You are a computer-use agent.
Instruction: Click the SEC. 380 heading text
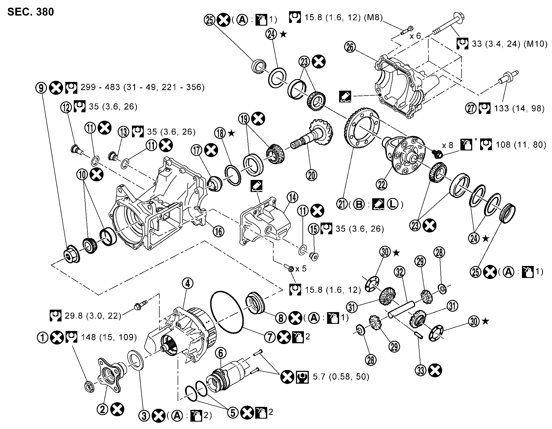point(31,12)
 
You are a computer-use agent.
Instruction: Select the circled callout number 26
point(350,47)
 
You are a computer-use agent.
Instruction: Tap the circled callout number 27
point(471,108)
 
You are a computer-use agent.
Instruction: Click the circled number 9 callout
point(41,87)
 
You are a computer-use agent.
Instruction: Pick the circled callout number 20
point(312,175)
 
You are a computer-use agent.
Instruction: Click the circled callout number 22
point(382,185)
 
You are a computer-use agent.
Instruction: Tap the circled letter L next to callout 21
point(393,205)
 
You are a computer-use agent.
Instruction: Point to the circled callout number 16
point(218,231)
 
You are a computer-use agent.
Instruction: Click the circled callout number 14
point(293,197)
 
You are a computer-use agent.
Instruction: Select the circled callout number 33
point(421,371)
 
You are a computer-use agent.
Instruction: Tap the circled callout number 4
point(188,283)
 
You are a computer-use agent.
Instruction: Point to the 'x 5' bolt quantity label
point(301,269)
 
